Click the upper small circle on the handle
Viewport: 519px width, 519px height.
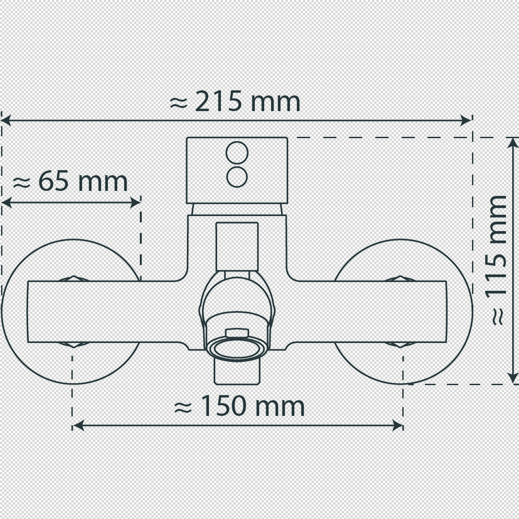tap(237, 152)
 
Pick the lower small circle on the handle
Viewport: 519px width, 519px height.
tap(237, 177)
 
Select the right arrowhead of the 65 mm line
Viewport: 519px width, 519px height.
tap(135, 203)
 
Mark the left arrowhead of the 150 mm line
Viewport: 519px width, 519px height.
tap(78, 426)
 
